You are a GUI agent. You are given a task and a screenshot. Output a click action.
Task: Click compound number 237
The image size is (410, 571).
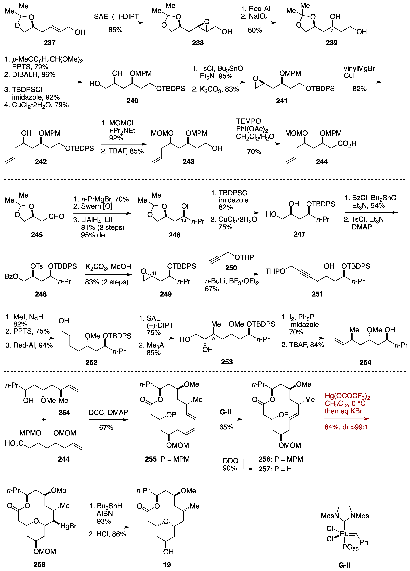50,43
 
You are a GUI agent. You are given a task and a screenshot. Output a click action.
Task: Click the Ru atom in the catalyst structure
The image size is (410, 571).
344,533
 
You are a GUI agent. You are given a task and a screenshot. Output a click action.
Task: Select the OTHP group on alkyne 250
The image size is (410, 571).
244,257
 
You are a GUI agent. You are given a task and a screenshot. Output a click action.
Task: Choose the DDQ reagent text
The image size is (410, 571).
230,461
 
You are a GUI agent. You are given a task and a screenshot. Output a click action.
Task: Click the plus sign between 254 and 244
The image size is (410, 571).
44,419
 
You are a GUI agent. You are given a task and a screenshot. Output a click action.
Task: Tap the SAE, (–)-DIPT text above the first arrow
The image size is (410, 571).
116,17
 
